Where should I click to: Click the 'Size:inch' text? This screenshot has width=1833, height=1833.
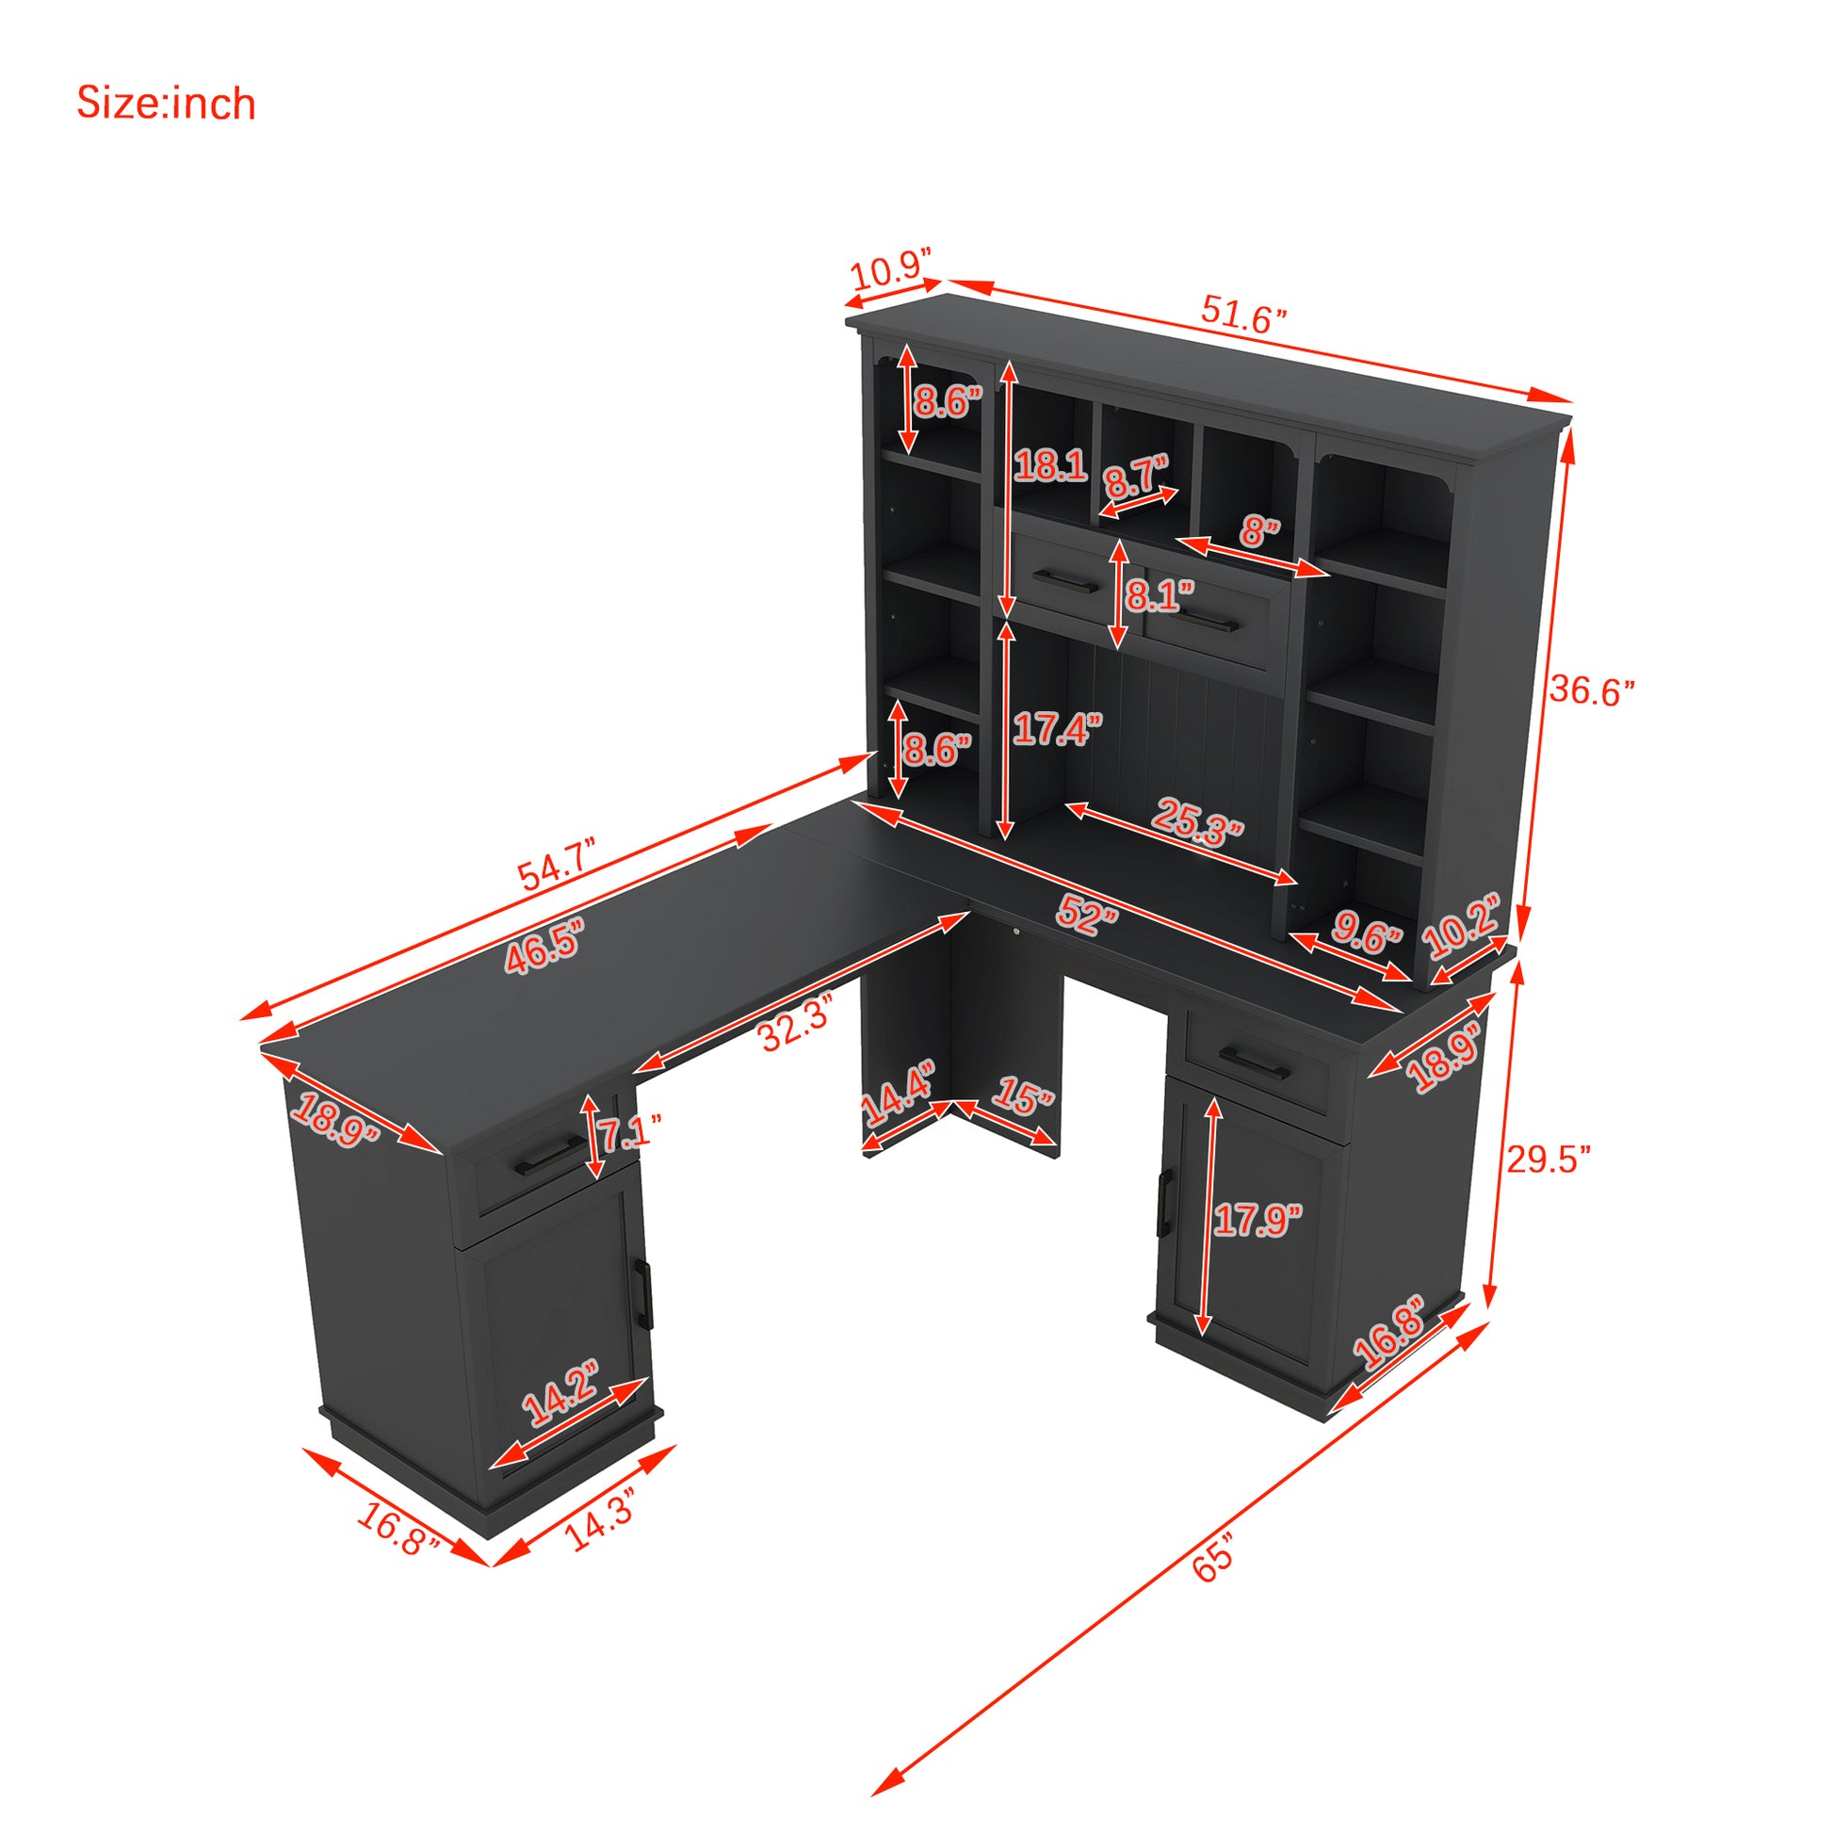click(x=166, y=104)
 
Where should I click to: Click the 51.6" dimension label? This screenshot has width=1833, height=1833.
click(x=1243, y=313)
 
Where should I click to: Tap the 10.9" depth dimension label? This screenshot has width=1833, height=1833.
click(x=890, y=273)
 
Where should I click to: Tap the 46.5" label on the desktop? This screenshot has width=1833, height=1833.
click(x=543, y=945)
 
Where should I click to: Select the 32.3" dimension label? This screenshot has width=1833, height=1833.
click(x=797, y=1023)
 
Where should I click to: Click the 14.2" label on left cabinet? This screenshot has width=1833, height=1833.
click(x=560, y=1393)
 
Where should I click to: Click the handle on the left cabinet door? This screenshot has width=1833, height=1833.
click(x=644, y=1295)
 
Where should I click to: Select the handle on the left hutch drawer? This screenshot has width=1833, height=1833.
click(x=1064, y=580)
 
